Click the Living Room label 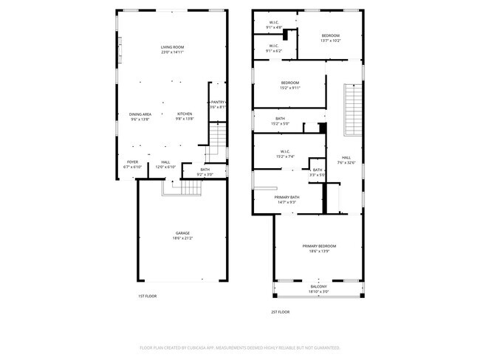172,48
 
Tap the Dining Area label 140,114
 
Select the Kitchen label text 184,114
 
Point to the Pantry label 218,102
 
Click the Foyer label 132,162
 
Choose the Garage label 182,233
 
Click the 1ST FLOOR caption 147,296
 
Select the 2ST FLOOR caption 281,311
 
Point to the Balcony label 318,286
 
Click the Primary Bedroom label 319,246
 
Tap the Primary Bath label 287,197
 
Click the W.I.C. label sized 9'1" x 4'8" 273,23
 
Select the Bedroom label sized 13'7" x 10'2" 330,36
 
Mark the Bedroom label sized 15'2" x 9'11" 289,83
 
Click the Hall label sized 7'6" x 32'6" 346,157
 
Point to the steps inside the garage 182,190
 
